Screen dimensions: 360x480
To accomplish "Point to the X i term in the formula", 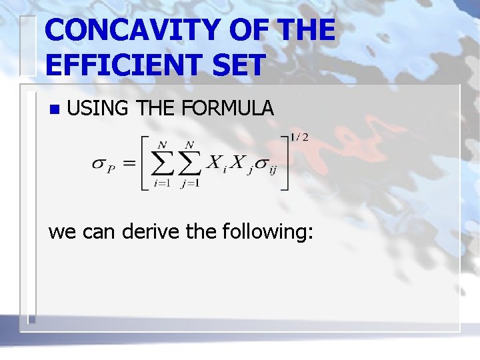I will point(217,164).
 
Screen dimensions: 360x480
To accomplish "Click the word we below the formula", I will point(63,233).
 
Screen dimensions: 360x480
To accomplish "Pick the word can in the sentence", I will point(98,233).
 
